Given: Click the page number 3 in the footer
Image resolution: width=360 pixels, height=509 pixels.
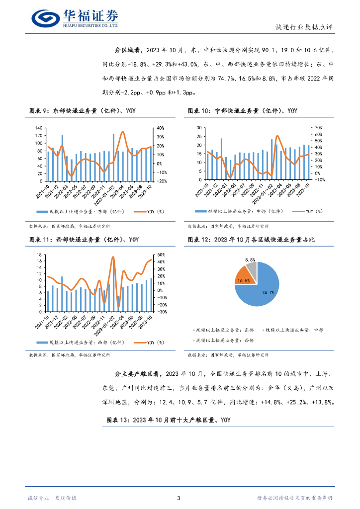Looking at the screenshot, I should [179, 498].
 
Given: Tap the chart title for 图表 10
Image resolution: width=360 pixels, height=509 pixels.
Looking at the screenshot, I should [243, 110].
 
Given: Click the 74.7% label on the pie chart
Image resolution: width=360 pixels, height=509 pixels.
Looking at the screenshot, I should [269, 293].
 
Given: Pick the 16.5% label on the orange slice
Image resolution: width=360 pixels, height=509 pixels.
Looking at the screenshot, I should [244, 281].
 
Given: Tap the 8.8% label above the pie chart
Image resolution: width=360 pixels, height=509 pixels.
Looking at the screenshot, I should [250, 259].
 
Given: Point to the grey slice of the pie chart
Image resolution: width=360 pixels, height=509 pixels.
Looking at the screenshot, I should [252, 270].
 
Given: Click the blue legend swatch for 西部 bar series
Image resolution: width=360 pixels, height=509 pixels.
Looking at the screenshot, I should [42, 342].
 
